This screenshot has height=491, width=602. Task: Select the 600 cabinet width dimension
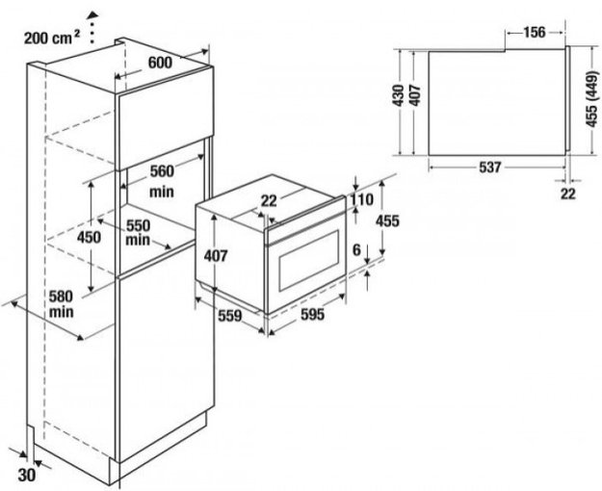[x=160, y=62]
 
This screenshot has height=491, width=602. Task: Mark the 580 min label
[x=63, y=304]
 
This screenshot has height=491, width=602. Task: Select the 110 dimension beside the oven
[x=361, y=199]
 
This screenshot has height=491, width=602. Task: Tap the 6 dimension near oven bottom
[x=356, y=249]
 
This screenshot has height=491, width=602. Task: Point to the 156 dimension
[x=535, y=32]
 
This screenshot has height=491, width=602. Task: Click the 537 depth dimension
[x=489, y=168]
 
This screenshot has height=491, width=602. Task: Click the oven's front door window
[x=305, y=258]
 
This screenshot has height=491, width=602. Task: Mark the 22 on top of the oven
[x=270, y=199]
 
